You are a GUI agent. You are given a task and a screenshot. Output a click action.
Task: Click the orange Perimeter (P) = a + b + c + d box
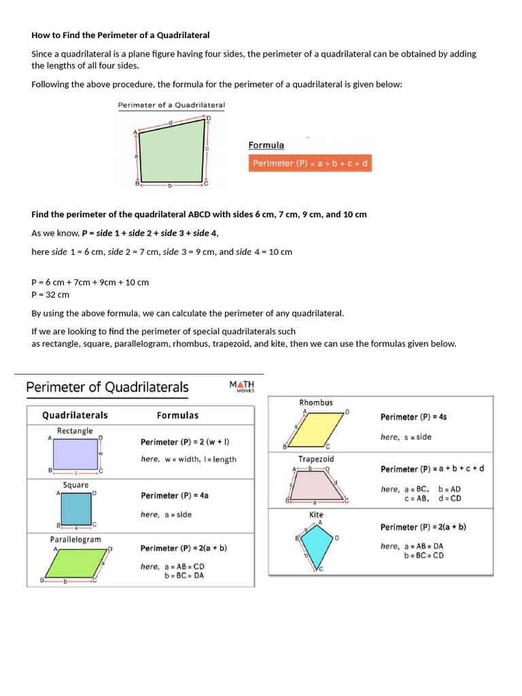pyautogui.click(x=310, y=164)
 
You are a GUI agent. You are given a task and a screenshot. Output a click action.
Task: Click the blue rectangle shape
pyautogui.click(x=75, y=454)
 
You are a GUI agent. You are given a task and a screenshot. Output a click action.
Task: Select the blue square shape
pyautogui.click(x=75, y=508)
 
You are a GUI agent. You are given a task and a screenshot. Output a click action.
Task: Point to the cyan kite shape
pyautogui.click(x=316, y=543)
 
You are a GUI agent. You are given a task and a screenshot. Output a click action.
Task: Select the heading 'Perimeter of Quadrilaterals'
pyautogui.click(x=107, y=387)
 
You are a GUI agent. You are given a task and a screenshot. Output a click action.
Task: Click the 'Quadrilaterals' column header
pyautogui.click(x=75, y=415)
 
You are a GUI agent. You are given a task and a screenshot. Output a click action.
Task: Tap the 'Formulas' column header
pyautogui.click(x=178, y=415)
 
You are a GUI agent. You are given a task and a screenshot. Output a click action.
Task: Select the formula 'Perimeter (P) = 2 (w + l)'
pyautogui.click(x=185, y=442)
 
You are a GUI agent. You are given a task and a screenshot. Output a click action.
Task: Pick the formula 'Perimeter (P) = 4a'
pyautogui.click(x=175, y=495)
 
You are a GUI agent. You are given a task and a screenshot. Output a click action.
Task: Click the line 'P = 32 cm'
pyautogui.click(x=50, y=294)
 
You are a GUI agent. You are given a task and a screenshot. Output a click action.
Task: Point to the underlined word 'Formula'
pyautogui.click(x=266, y=145)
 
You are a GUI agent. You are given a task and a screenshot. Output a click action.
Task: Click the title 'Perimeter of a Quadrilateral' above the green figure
pyautogui.click(x=171, y=105)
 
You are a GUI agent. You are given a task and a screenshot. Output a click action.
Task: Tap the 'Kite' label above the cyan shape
pyautogui.click(x=316, y=515)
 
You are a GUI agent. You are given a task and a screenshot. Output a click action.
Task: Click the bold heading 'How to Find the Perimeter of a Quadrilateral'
pyautogui.click(x=120, y=35)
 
